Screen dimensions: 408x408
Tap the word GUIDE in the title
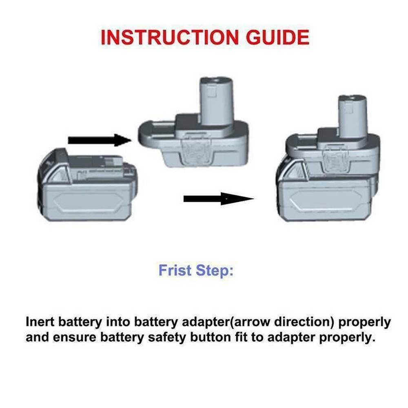click(x=277, y=37)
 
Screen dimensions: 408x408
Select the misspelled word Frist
click(x=175, y=270)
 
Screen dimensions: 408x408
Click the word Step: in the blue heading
click(x=215, y=271)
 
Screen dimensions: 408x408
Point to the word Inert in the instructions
click(x=40, y=322)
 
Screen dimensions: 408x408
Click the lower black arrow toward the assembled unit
click(x=218, y=199)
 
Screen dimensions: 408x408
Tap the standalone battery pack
click(x=87, y=185)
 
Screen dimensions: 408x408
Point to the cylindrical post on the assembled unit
click(x=353, y=116)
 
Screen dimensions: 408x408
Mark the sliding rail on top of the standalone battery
click(x=96, y=164)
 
